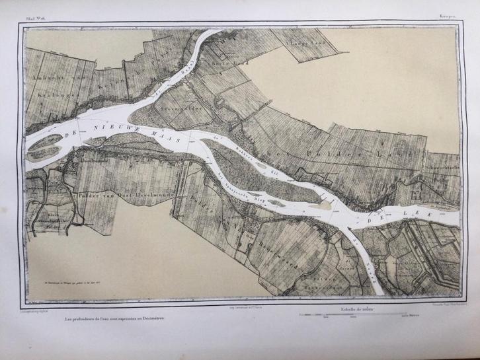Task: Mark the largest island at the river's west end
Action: point(46,140)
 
